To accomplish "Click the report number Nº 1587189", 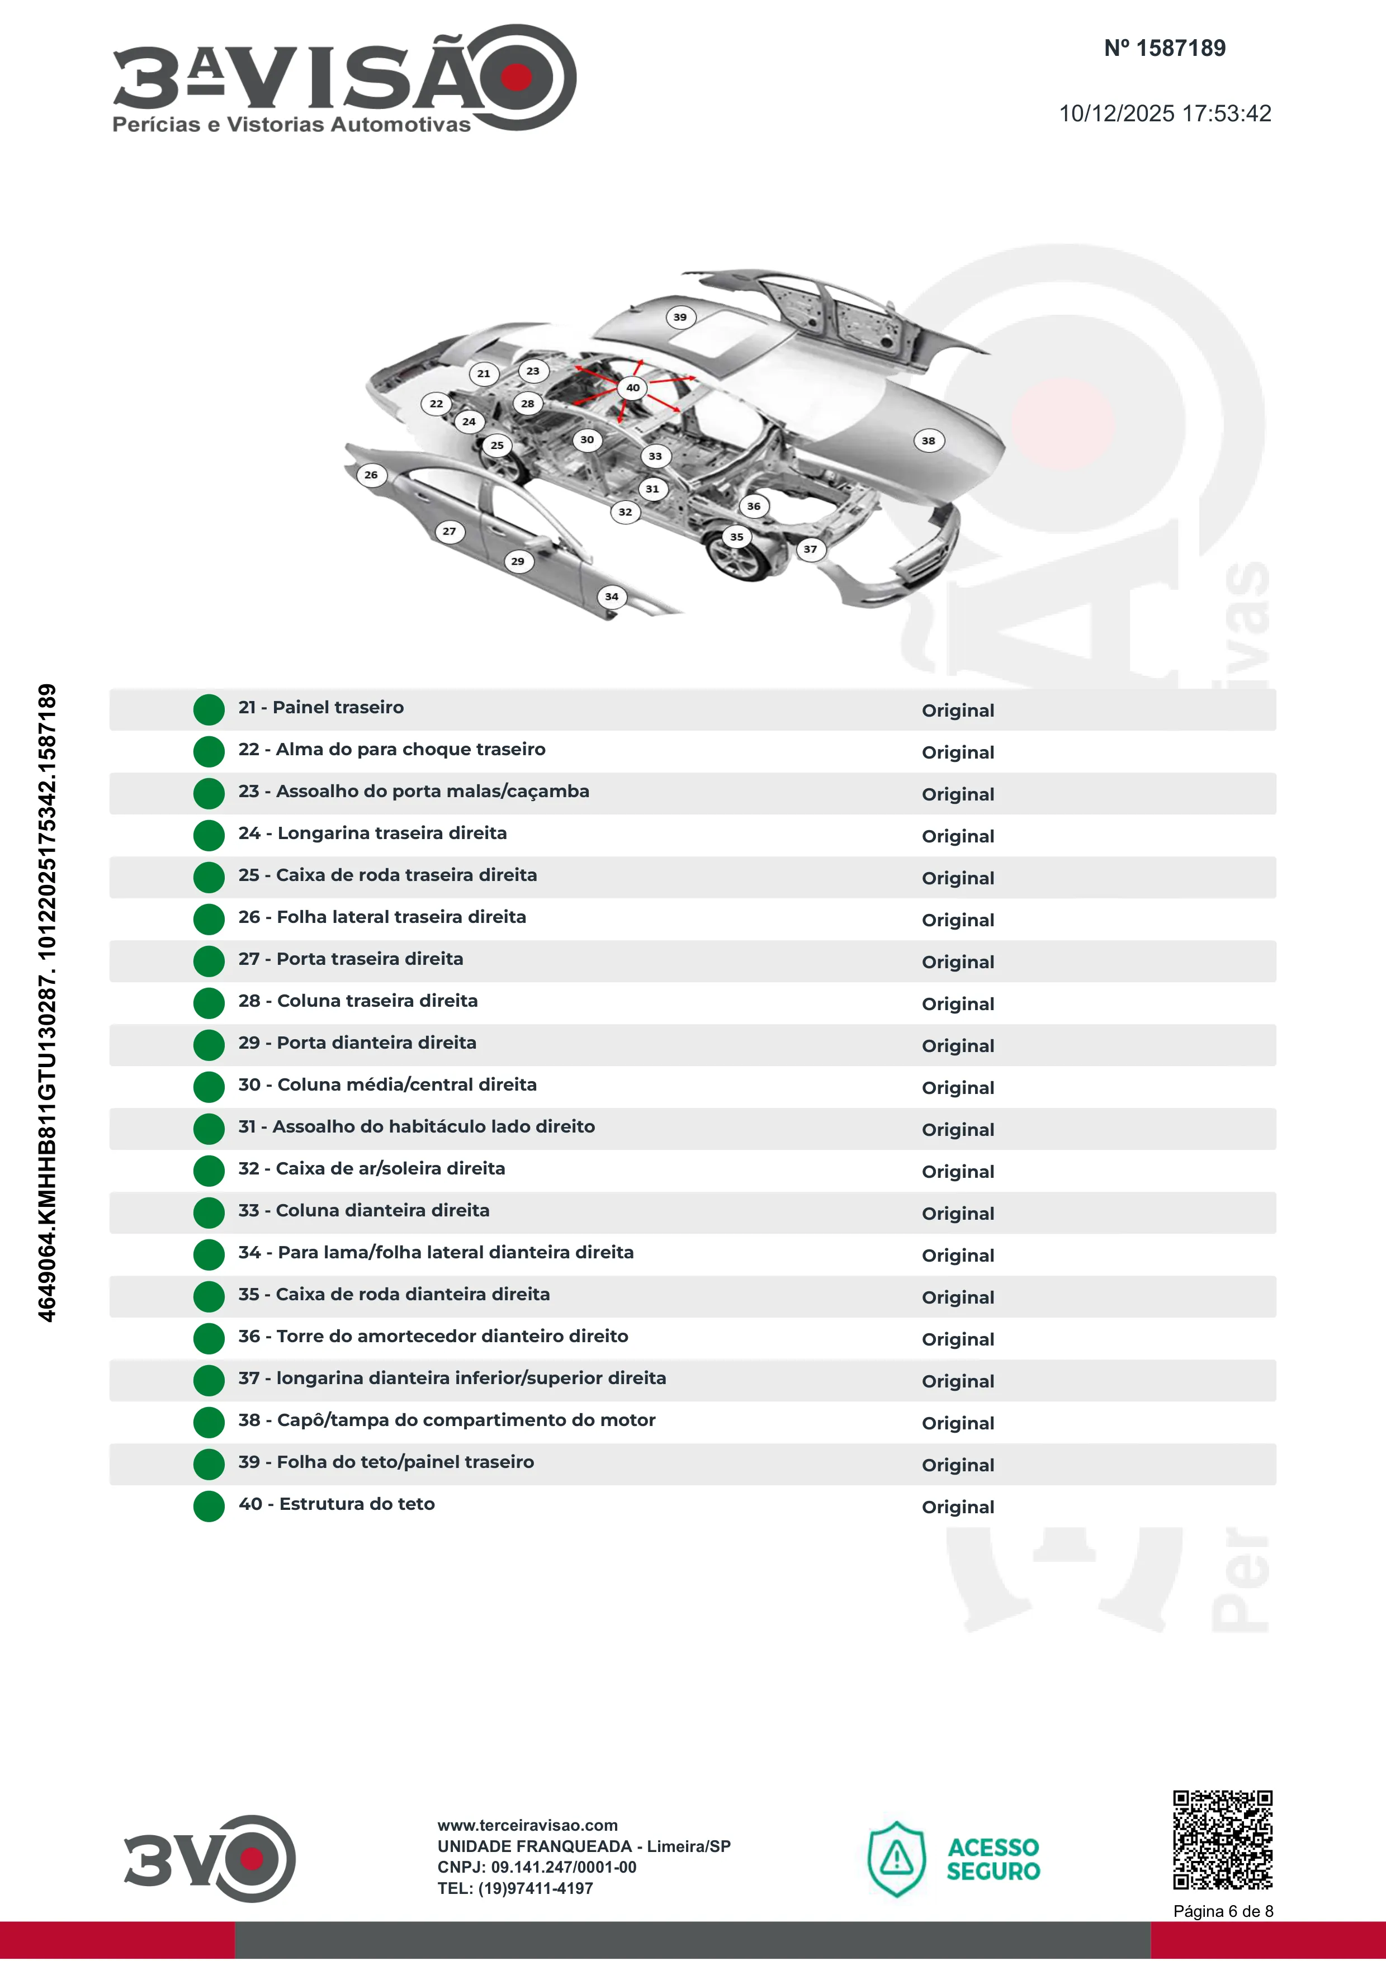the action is tap(1165, 48).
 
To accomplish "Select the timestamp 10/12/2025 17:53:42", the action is tap(1165, 113).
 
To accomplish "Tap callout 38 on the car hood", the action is tap(928, 440).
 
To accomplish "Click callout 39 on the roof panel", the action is tap(680, 317).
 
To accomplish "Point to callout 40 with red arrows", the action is tap(633, 388).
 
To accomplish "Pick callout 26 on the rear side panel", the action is tap(371, 475).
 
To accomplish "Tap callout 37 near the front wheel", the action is tap(811, 549).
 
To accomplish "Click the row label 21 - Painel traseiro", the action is tap(321, 707).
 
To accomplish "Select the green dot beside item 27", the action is tap(209, 961).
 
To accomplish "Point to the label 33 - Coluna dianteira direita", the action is tap(364, 1210).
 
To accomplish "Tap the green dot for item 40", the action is tap(209, 1507).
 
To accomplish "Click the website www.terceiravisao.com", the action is tap(528, 1825).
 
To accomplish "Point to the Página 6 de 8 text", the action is tap(1223, 1911).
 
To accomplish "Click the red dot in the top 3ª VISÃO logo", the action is tap(516, 77).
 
